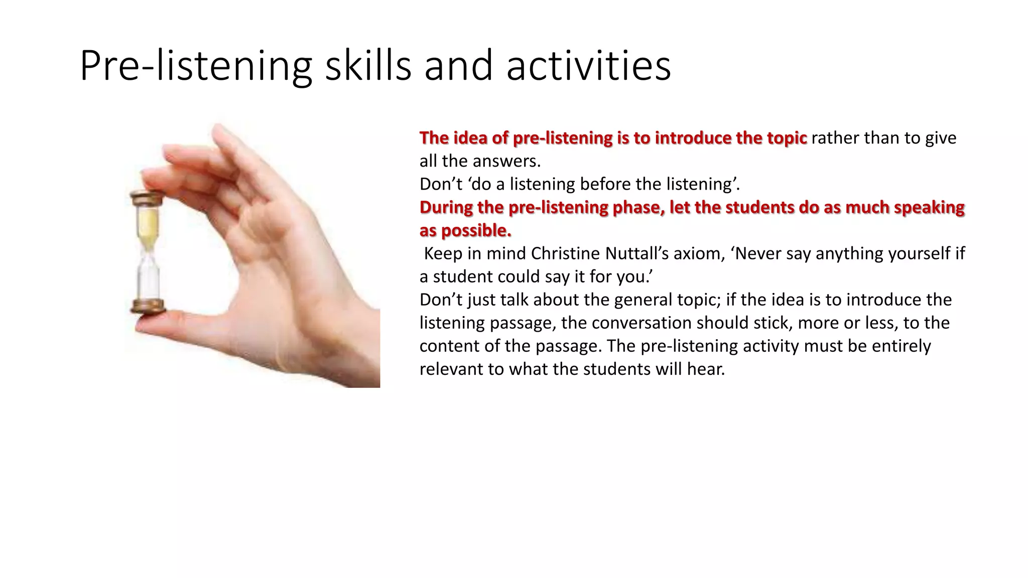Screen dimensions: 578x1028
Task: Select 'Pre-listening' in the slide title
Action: pyautogui.click(x=196, y=66)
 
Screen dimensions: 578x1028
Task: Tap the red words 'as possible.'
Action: pyautogui.click(x=465, y=230)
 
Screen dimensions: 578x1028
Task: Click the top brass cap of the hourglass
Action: pyautogui.click(x=148, y=197)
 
